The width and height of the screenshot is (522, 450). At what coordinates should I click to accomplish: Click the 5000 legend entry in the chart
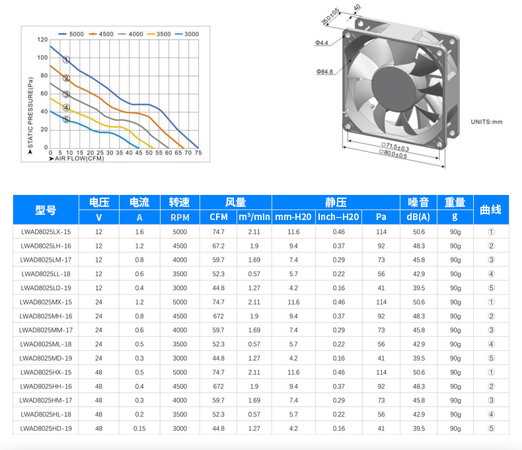click(x=71, y=34)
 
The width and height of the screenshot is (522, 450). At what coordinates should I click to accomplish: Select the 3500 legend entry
click(x=159, y=34)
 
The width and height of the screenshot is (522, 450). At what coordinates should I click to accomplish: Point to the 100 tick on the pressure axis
click(x=42, y=57)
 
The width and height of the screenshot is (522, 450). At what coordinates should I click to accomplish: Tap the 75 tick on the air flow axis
click(x=198, y=153)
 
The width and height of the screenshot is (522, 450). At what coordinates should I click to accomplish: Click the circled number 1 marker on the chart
click(x=66, y=59)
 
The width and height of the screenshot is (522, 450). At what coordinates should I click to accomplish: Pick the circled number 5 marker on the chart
click(x=66, y=119)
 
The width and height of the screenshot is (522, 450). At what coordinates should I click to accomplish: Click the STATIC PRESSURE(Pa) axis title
click(x=30, y=112)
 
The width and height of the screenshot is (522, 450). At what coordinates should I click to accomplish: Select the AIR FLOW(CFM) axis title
click(x=79, y=159)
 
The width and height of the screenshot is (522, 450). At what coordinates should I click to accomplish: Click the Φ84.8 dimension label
click(x=324, y=71)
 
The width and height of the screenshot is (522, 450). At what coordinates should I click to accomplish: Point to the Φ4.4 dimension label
click(x=322, y=42)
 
